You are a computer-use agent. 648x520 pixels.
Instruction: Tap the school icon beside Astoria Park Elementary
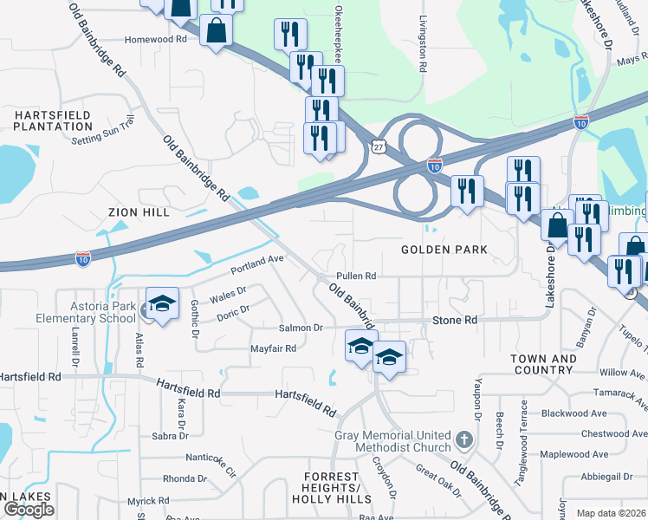click(x=162, y=304)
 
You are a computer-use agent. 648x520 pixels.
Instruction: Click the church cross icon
click(x=464, y=440)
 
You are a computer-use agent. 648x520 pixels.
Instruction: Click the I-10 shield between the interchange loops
click(x=435, y=165)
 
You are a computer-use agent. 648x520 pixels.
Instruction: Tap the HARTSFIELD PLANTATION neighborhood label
click(x=53, y=120)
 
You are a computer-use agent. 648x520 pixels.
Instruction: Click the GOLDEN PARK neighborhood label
click(x=444, y=250)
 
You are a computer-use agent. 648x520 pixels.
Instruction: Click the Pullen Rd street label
click(x=356, y=276)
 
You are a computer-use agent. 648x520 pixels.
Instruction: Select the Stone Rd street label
click(x=455, y=320)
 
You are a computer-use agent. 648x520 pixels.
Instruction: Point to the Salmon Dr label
click(x=300, y=328)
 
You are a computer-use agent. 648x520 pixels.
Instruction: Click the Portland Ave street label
click(x=257, y=259)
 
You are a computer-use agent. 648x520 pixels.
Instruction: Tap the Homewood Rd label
click(x=156, y=39)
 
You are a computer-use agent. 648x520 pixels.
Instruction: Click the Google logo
click(x=29, y=509)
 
